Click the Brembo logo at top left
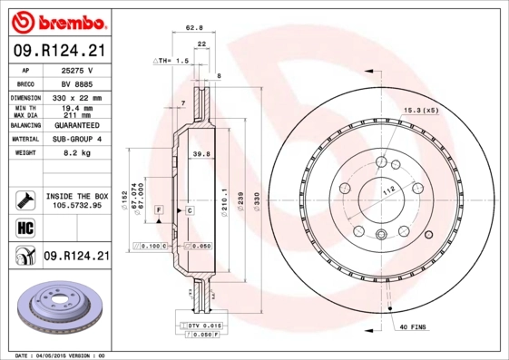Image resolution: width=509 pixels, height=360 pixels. point(56,20)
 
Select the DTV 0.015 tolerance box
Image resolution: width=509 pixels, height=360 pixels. point(202,325)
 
